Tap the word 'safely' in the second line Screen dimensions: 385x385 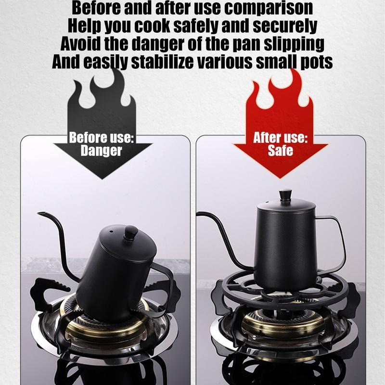(x=196, y=26)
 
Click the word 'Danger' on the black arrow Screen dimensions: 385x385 (x=101, y=150)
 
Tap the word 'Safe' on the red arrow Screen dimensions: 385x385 (x=281, y=150)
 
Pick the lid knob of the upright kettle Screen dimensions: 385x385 (x=285, y=195)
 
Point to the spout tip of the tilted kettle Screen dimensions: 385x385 (x=38, y=213)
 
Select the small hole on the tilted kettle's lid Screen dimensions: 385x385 (x=111, y=231)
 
